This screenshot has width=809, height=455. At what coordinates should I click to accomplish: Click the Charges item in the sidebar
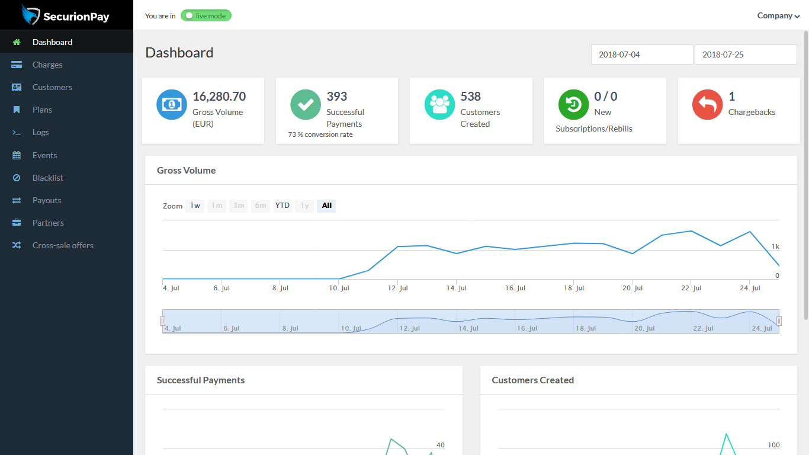click(47, 65)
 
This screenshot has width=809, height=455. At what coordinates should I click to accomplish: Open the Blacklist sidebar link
click(47, 178)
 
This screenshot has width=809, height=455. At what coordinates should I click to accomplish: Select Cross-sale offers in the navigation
click(63, 245)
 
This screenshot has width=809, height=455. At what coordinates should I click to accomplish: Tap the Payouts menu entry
click(47, 200)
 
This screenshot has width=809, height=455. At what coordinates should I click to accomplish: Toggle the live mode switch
click(206, 15)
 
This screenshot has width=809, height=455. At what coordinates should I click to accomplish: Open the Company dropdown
click(778, 16)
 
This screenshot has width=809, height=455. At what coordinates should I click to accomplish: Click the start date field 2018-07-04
click(642, 55)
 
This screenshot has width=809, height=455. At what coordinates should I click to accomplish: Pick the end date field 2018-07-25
click(745, 55)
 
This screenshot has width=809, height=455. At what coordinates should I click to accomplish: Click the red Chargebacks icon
click(707, 105)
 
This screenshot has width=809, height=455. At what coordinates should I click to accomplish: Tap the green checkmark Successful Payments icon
click(306, 105)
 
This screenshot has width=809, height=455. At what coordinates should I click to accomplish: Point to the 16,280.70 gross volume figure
click(219, 97)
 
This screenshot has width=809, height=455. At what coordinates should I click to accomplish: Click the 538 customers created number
click(471, 97)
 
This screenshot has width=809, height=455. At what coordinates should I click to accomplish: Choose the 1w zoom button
click(195, 206)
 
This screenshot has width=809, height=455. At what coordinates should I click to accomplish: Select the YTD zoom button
click(282, 206)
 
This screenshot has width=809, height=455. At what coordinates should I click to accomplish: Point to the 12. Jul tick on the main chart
click(398, 288)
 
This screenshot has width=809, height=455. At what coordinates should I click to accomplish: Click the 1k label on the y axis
click(775, 246)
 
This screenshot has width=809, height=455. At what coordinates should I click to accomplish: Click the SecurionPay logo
click(66, 15)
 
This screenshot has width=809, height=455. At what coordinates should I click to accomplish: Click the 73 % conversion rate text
click(320, 134)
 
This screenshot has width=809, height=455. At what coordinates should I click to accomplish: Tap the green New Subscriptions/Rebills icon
click(573, 105)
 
